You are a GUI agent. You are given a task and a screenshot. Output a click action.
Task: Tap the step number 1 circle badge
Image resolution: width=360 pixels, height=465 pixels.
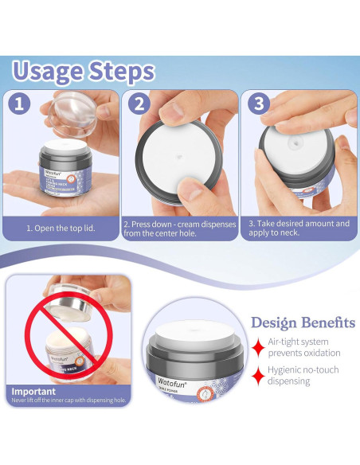(20, 104)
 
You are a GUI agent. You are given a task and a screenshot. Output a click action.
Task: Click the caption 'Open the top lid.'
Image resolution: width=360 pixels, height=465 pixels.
(61, 228)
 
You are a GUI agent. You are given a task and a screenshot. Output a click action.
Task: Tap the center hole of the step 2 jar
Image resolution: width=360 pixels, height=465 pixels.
(176, 157)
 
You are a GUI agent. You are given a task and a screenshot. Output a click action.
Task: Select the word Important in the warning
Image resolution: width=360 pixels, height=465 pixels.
(33, 391)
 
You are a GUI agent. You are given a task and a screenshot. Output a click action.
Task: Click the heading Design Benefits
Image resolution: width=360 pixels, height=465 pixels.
(303, 322)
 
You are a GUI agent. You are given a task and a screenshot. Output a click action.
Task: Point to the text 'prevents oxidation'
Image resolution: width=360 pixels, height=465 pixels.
(303, 353)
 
